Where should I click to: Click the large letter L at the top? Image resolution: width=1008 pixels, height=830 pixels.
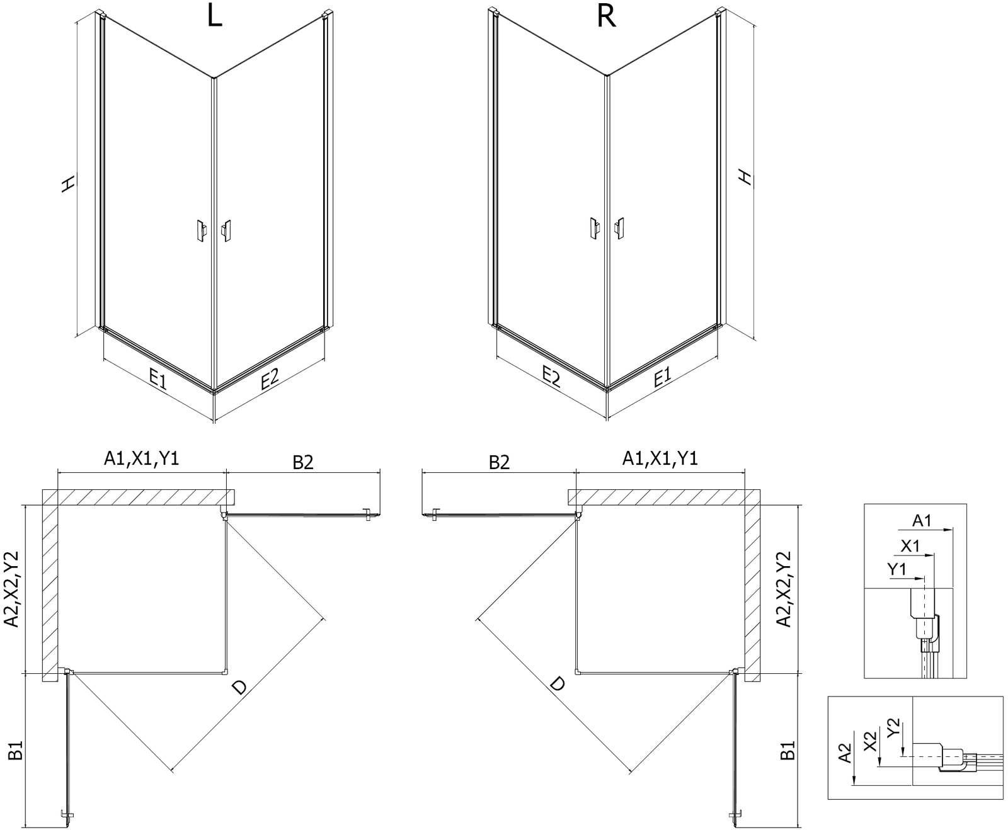[214, 17]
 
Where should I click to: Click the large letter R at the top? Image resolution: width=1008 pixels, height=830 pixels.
[605, 17]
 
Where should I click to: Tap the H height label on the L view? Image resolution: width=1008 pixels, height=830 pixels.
[68, 184]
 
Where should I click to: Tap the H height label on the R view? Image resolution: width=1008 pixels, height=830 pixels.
[745, 178]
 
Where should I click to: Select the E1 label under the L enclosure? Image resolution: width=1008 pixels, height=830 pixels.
[157, 379]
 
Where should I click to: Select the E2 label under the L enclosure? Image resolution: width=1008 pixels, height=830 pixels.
[269, 379]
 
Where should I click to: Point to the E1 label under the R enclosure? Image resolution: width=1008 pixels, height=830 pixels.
[661, 378]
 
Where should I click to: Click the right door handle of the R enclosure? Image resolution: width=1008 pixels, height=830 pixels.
[620, 228]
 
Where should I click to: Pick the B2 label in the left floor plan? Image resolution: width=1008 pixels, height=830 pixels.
[302, 463]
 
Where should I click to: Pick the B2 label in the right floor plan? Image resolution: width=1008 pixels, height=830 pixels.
[499, 463]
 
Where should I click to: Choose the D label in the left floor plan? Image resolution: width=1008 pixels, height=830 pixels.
[239, 687]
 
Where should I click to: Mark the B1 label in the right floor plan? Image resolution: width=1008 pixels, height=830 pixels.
[787, 750]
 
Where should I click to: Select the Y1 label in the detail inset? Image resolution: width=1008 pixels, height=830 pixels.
[896, 569]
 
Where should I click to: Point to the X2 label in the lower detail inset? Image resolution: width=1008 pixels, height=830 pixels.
[870, 741]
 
